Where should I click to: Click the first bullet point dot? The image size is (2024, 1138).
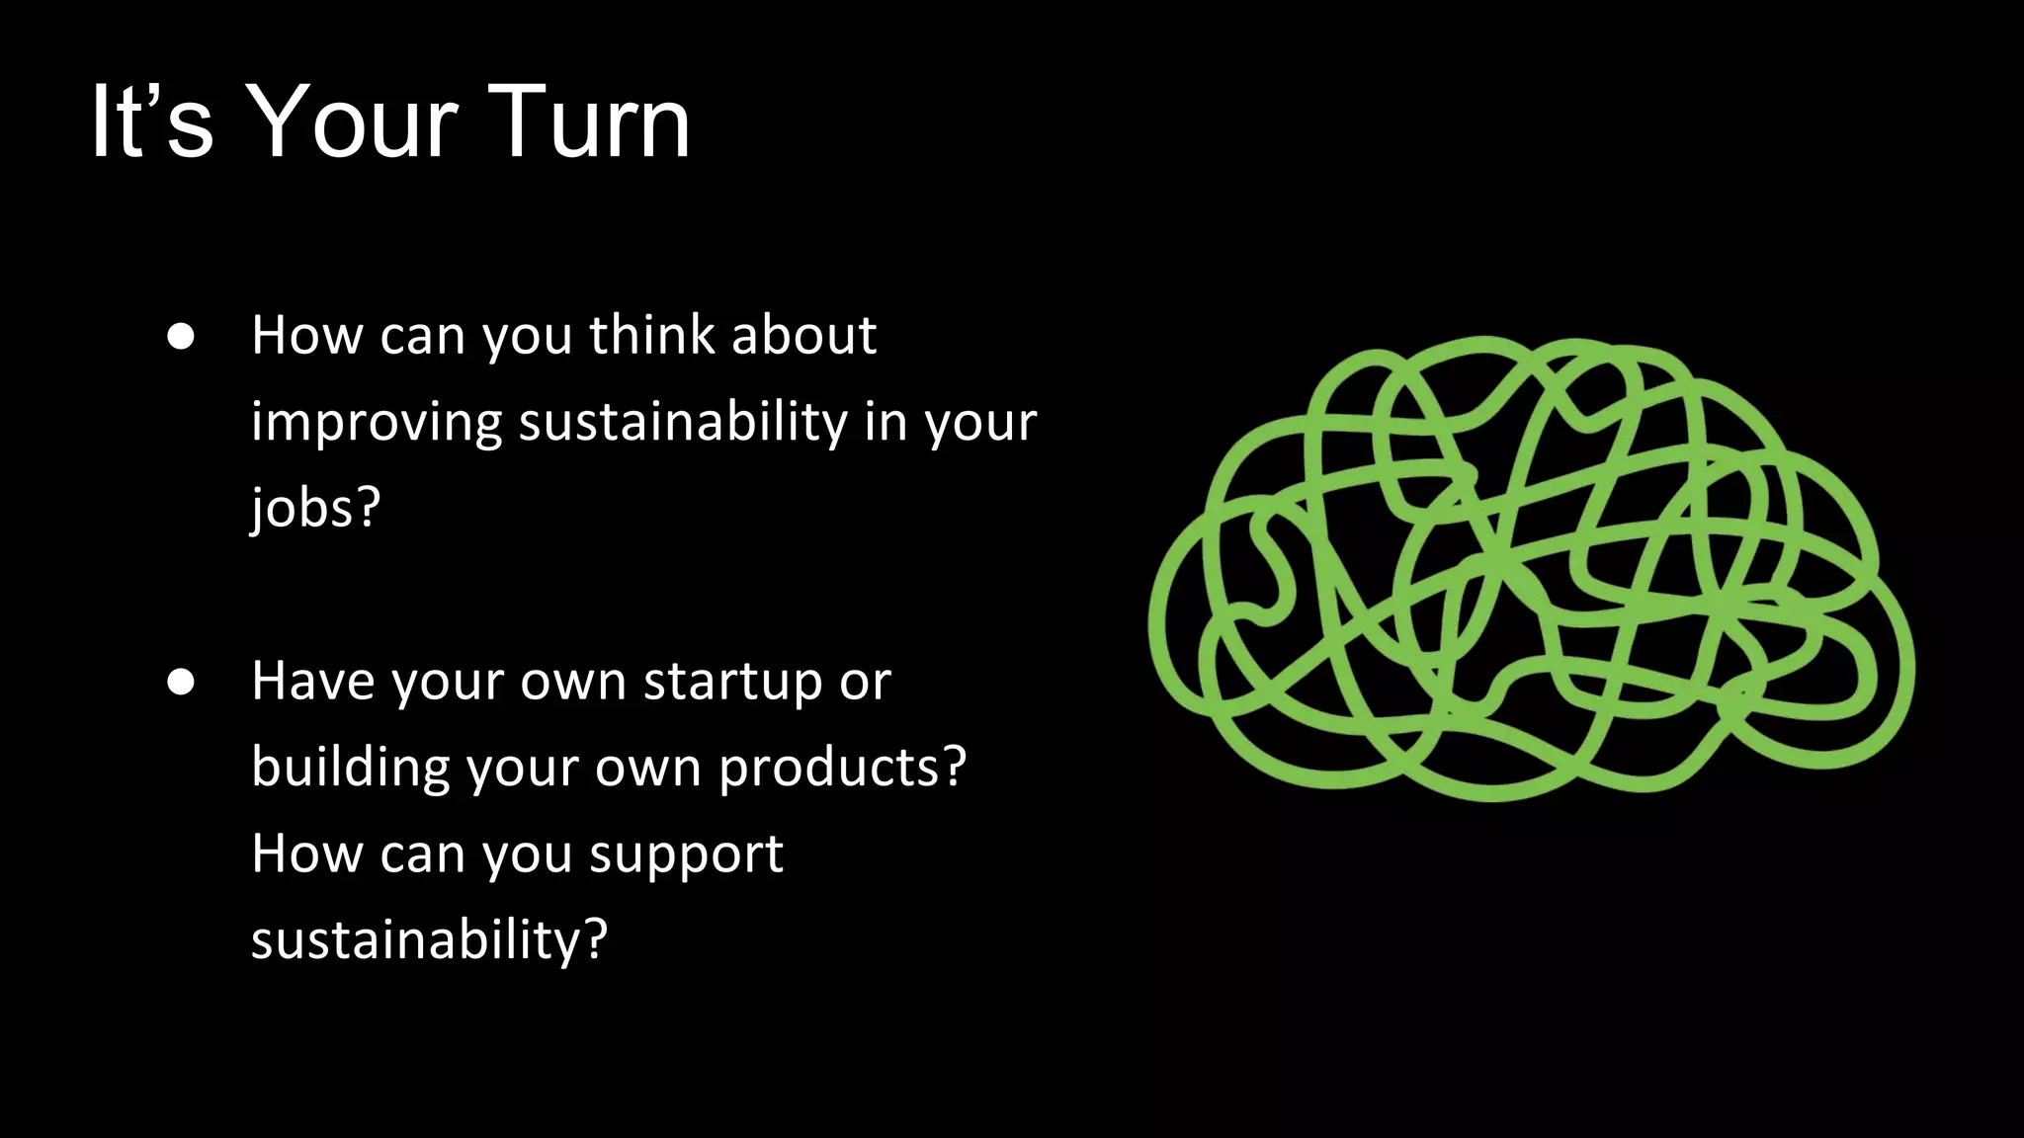[x=181, y=337]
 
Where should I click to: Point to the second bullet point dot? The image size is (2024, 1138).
[x=181, y=683]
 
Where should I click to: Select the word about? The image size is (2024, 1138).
[x=803, y=335]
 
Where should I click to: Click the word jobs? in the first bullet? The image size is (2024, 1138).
[x=315, y=508]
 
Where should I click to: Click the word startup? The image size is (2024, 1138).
[x=732, y=682]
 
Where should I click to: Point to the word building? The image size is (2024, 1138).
[x=350, y=768]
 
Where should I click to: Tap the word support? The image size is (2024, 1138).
[x=686, y=854]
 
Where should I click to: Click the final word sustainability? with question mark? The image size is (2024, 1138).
[x=429, y=939]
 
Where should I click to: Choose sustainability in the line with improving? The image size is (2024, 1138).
[x=683, y=422]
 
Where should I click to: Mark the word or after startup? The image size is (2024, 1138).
[x=866, y=683]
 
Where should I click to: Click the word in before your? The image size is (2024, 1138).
[x=885, y=422]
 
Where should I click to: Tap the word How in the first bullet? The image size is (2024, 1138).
[x=306, y=335]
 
